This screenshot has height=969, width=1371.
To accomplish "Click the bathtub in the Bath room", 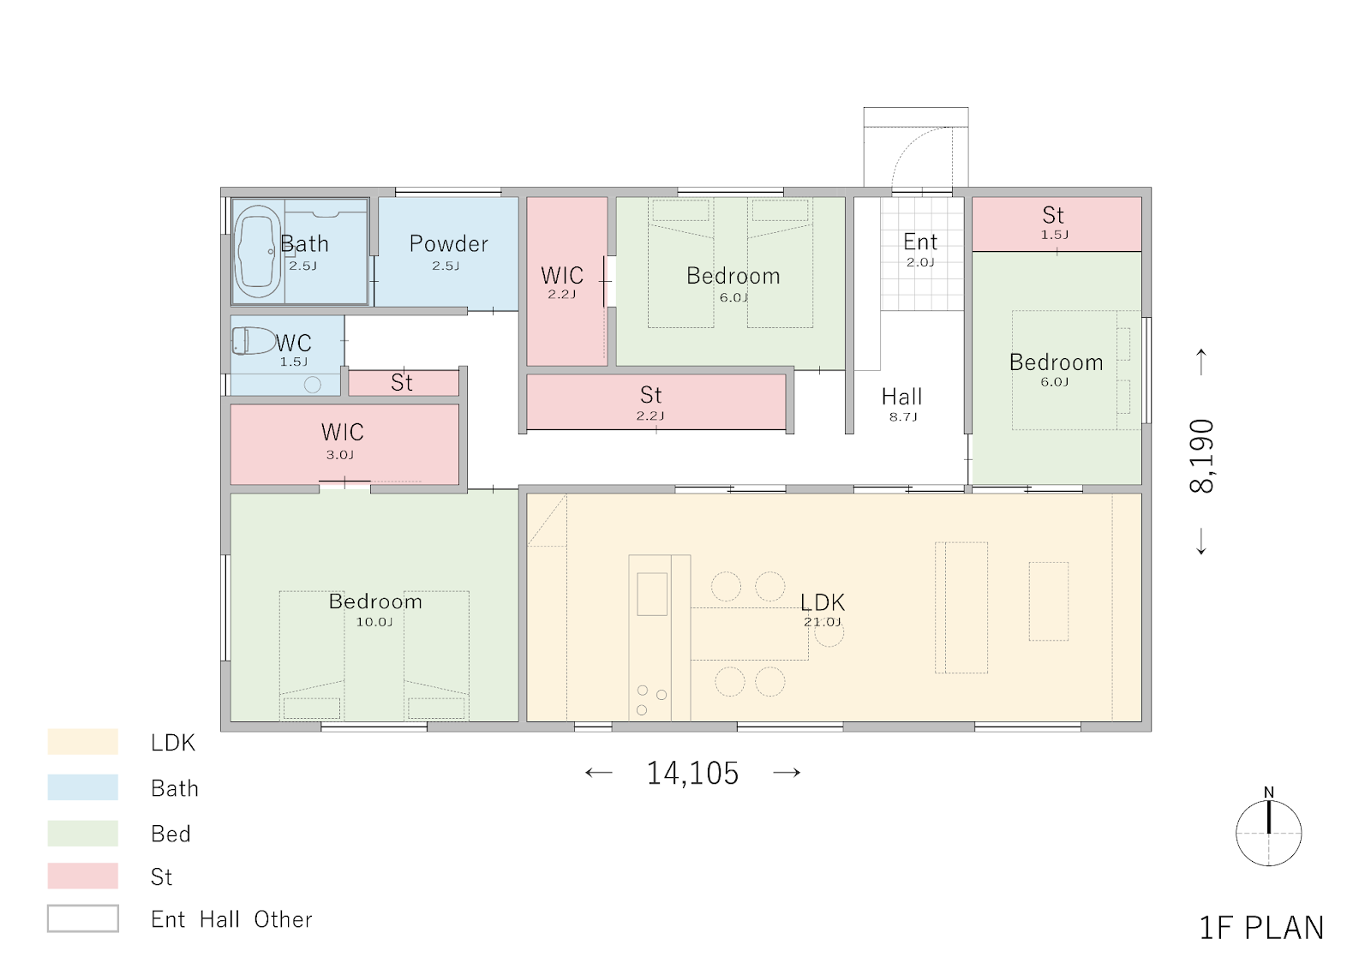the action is coord(258,251).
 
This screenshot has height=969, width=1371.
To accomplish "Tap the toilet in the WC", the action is coord(254,341).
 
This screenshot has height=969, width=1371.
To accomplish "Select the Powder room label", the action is coord(449,243).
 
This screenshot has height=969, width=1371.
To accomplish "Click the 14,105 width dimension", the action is coord(693,773).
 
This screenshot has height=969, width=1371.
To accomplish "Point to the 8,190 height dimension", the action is coord(1200,456).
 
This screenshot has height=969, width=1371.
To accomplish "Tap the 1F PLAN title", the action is coord(1261,928).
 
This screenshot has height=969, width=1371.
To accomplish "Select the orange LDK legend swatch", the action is coord(82,741).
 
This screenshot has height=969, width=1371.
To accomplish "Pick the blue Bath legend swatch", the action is coord(82,787).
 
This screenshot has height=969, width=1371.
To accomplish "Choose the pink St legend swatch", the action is coord(82,876).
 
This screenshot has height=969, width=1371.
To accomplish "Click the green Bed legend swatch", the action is coord(82,833).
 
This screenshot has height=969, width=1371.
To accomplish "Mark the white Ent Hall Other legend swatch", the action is coord(82,918).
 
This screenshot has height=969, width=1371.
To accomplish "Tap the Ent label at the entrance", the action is coord(920,242).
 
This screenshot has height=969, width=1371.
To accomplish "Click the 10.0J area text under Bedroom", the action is coord(374,622).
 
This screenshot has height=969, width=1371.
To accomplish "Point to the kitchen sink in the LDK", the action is coord(652,594).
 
